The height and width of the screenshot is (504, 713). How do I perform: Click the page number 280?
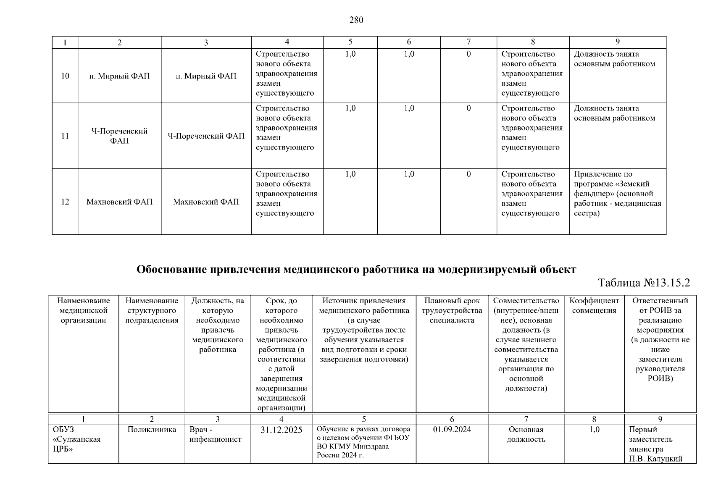pyautogui.click(x=356, y=20)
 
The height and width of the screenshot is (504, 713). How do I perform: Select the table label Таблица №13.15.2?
pyautogui.click(x=644, y=283)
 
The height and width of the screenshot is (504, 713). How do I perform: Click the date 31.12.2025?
pyautogui.click(x=281, y=430)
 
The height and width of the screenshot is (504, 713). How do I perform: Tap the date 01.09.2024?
pyautogui.click(x=452, y=429)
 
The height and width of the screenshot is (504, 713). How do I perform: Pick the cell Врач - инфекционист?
pyautogui.click(x=215, y=434)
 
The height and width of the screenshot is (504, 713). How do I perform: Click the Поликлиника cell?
pyautogui.click(x=152, y=429)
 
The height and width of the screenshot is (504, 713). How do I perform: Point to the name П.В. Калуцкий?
pyautogui.click(x=655, y=459)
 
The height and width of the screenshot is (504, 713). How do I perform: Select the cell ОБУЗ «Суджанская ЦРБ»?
pyautogui.click(x=76, y=439)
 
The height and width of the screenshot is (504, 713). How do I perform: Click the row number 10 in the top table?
pyautogui.click(x=65, y=76)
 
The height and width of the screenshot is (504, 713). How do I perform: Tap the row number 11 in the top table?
pyautogui.click(x=65, y=136)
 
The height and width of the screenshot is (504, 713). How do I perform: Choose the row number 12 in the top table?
pyautogui.click(x=65, y=202)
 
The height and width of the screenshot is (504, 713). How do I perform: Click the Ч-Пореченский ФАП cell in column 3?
pyautogui.click(x=206, y=136)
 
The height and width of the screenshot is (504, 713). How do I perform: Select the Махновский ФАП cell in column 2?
pyautogui.click(x=119, y=202)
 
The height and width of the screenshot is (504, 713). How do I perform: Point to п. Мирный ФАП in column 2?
pyautogui.click(x=119, y=76)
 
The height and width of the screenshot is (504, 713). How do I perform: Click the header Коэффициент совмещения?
pyautogui.click(x=594, y=305)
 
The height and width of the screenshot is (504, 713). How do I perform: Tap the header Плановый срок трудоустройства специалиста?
pyautogui.click(x=452, y=310)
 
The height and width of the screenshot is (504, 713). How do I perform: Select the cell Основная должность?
pyautogui.click(x=526, y=434)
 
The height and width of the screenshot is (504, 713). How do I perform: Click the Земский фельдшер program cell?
pyautogui.click(x=617, y=194)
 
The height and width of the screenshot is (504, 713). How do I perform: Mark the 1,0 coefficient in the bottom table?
pyautogui.click(x=594, y=429)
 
